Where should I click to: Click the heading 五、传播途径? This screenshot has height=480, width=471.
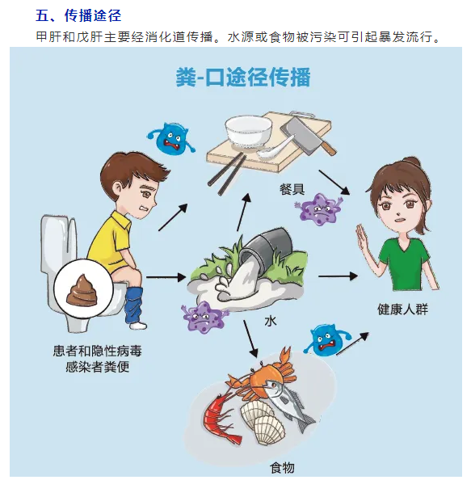tap(78, 15)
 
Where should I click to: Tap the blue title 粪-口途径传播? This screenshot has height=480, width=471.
tap(243, 77)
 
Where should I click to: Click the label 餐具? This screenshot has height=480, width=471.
tap(292, 189)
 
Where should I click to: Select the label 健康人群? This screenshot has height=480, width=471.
tap(402, 309)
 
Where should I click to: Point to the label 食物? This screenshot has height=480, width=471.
tap(282, 468)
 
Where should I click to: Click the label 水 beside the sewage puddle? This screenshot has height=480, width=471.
tap(271, 322)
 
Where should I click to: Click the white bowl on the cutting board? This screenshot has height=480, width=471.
tap(248, 132)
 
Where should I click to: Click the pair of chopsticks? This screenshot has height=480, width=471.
tap(227, 174)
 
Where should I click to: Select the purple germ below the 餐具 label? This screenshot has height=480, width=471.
tap(318, 208)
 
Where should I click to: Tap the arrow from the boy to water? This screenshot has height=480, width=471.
tap(166, 277)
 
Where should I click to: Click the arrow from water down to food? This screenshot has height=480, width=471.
tap(251, 339)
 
